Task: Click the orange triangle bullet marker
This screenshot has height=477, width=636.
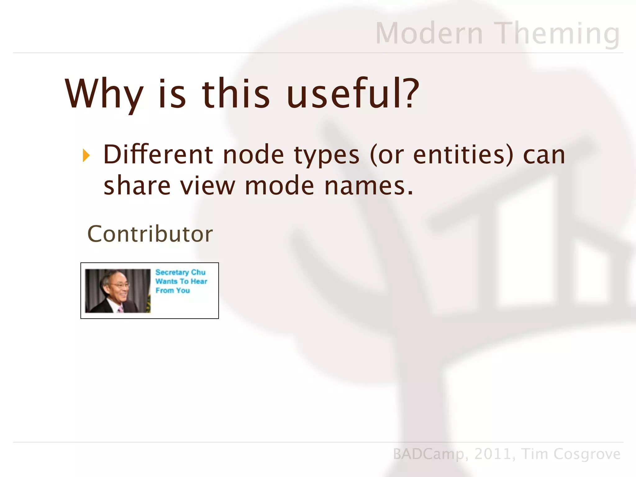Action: pos(86,156)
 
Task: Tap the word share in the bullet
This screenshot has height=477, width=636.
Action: pos(137,185)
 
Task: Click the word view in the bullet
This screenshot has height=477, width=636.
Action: pos(207,185)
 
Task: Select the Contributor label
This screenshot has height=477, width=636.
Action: pos(150,234)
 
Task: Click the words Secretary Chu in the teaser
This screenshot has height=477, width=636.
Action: pos(180,272)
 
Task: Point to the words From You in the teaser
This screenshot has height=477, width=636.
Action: pos(173,291)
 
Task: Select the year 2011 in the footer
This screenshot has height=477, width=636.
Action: pos(493,454)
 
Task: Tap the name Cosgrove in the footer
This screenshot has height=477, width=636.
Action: pos(587,454)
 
